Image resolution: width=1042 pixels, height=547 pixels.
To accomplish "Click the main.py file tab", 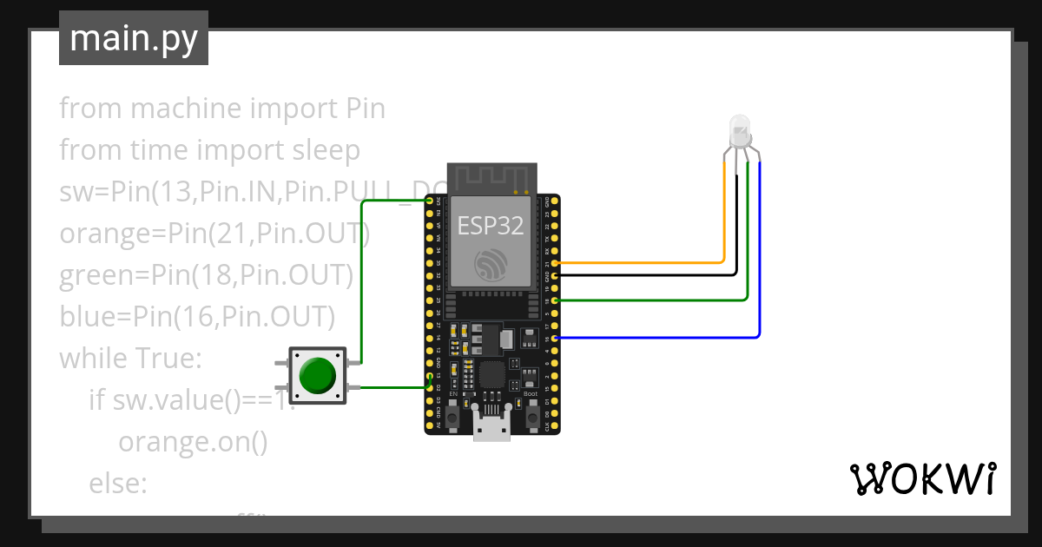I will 133,38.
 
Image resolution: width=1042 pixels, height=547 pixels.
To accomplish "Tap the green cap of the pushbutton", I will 317,375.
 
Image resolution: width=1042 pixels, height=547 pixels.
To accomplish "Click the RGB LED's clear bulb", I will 740,131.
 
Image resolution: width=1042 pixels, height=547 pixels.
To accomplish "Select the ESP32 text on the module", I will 491,226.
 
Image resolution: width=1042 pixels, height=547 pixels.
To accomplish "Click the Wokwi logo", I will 922,478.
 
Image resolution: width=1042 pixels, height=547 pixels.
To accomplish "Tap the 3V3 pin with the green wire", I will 430,201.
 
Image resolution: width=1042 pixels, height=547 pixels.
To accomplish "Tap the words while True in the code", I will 129,358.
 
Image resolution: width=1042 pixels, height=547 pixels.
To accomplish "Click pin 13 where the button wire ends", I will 430,376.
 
